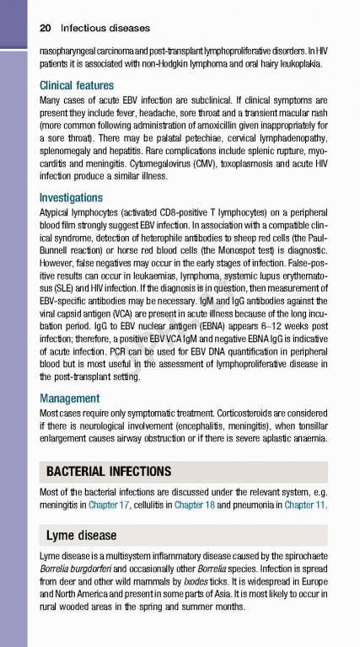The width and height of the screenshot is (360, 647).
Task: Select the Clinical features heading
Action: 81,85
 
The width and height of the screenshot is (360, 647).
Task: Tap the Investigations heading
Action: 77,196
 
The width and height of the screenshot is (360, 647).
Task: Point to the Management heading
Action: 70,398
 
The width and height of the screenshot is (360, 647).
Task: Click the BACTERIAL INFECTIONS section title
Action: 109,471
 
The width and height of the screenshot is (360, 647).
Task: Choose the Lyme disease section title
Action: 82,535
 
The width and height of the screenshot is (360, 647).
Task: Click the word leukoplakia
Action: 300,63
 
